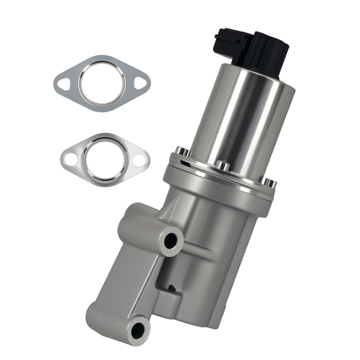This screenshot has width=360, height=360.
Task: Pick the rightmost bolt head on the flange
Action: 270,183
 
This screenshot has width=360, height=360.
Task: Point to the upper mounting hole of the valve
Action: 171,240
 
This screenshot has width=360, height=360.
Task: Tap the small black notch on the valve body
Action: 172,288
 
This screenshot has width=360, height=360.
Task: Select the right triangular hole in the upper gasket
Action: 139,83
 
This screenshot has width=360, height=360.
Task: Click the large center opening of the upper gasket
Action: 102,84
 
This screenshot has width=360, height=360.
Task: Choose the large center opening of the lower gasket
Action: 105,159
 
